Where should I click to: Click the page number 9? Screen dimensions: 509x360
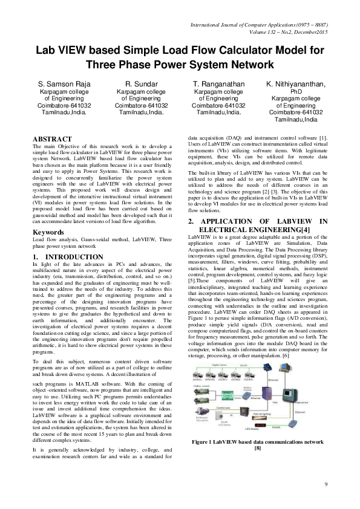326,484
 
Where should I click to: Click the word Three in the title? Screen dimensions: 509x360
103,63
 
